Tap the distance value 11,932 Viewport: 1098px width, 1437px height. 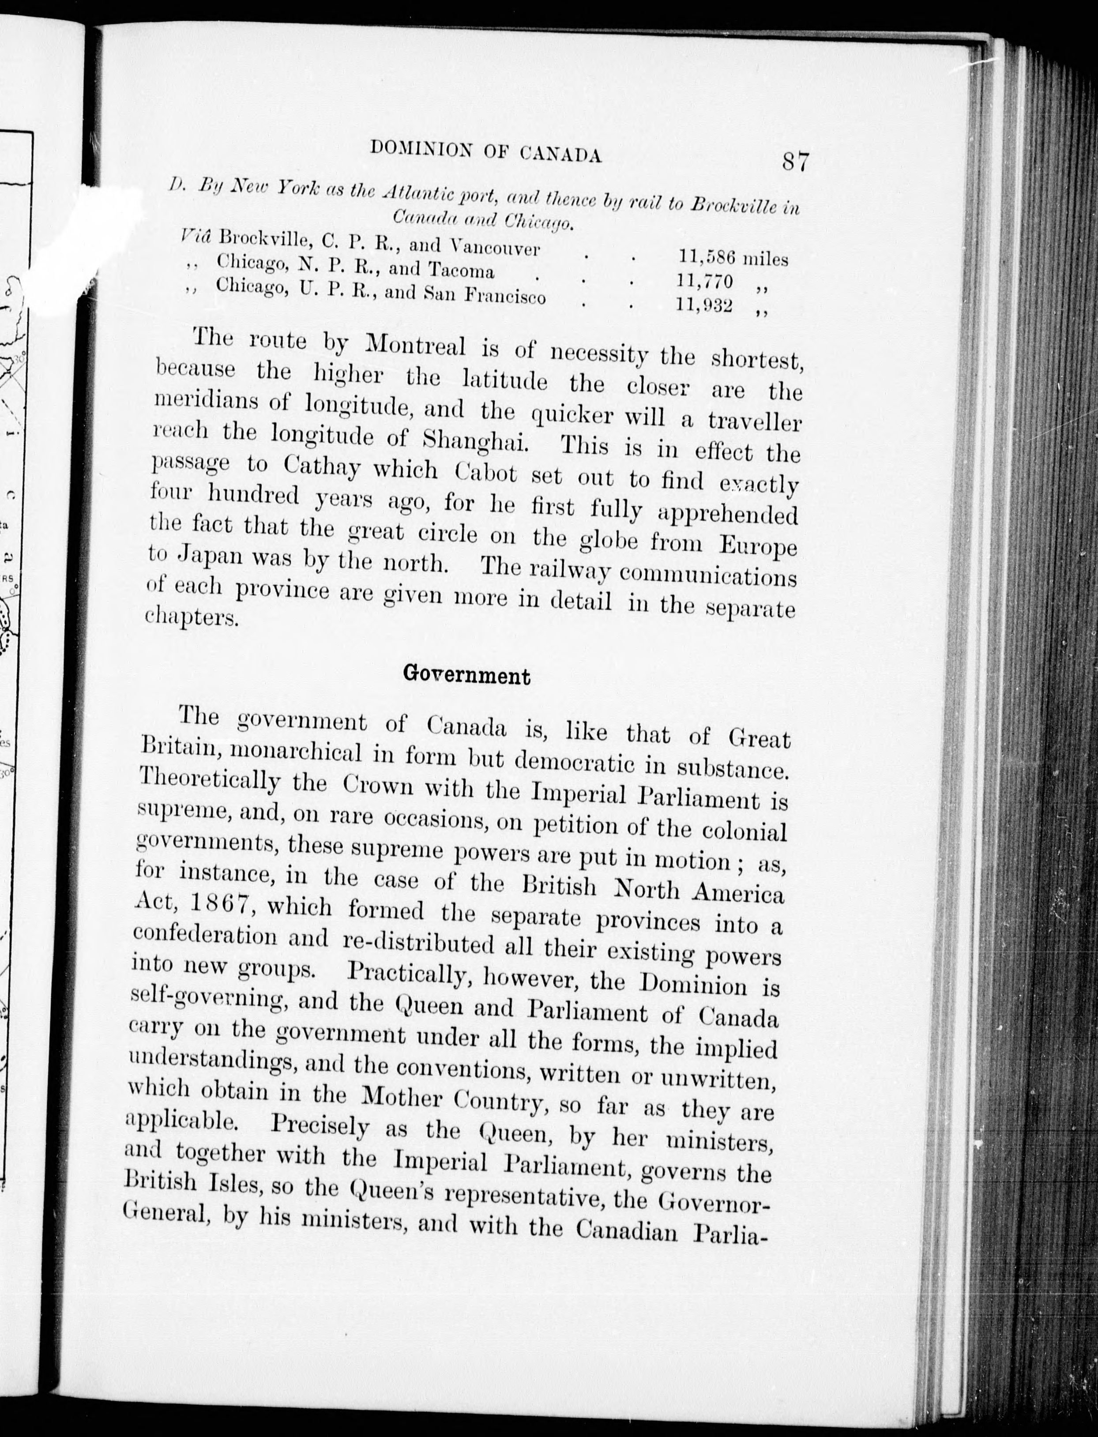(704, 305)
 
